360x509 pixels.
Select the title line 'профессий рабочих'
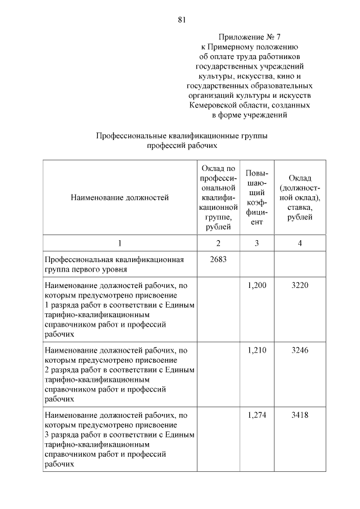coord(182,145)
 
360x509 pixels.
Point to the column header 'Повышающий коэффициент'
coord(257,197)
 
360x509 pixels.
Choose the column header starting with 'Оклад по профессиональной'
coord(218,197)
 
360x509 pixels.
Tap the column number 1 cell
coord(120,243)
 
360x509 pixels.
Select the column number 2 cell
coord(218,243)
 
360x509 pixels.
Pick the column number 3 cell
coord(257,243)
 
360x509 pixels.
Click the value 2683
coord(218,259)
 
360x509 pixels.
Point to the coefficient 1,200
coord(257,286)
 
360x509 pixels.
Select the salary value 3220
coord(300,286)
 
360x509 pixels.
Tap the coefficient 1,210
coord(257,350)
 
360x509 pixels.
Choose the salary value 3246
coord(300,350)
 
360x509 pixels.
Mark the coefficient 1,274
coord(257,415)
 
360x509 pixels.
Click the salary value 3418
coord(300,415)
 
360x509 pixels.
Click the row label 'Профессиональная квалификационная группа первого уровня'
coord(115,264)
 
